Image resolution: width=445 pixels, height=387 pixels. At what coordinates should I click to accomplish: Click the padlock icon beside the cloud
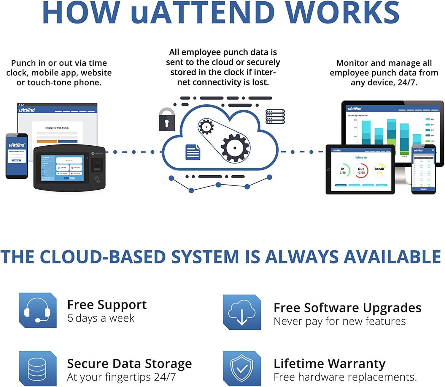click(x=167, y=120)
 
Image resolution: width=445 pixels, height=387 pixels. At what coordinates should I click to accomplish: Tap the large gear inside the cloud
click(x=235, y=148)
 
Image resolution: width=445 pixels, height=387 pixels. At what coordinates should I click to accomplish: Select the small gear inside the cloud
click(x=206, y=127)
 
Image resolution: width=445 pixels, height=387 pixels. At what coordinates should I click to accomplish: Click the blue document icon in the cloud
click(x=193, y=152)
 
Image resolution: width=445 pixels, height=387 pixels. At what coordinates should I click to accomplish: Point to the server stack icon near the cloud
click(x=275, y=117)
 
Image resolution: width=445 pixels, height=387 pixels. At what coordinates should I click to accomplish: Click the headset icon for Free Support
click(x=38, y=310)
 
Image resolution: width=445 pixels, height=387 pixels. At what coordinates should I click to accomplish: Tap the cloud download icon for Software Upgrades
click(x=242, y=312)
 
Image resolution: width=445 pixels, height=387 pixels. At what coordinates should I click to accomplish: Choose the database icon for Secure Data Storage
click(x=38, y=369)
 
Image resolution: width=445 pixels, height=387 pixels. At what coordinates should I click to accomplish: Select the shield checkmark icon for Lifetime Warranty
click(x=242, y=369)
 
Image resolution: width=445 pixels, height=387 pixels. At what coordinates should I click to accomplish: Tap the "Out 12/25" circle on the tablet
click(x=361, y=171)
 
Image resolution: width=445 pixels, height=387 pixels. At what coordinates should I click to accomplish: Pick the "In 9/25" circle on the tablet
click(x=343, y=171)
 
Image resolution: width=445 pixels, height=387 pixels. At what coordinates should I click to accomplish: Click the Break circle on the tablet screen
click(x=379, y=171)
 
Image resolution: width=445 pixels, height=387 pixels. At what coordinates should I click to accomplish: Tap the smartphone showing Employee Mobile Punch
click(x=17, y=156)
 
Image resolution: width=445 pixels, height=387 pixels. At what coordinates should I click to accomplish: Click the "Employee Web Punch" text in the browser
click(x=57, y=128)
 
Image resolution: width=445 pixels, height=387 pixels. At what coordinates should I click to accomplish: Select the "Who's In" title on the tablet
click(x=361, y=158)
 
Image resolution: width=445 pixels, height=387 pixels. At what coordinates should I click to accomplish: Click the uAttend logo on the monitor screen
click(x=355, y=109)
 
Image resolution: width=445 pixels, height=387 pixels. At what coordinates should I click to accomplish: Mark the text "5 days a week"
click(x=101, y=318)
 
